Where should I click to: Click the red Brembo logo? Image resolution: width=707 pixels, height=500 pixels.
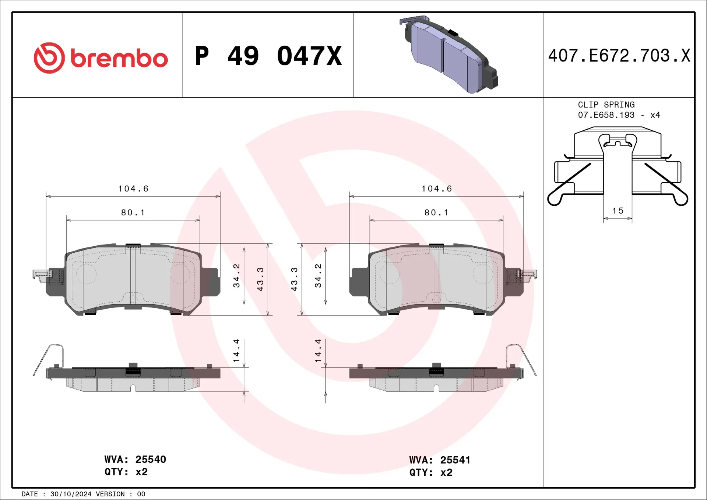(x=101, y=58)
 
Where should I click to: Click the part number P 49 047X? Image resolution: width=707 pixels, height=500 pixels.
(x=268, y=56)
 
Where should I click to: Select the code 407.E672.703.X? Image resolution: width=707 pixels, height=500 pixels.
(x=619, y=56)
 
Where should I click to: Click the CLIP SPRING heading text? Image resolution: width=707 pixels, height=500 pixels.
(x=606, y=105)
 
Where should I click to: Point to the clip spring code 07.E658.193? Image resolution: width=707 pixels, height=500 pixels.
(x=606, y=115)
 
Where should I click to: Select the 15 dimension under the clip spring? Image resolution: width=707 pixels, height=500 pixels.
(x=618, y=211)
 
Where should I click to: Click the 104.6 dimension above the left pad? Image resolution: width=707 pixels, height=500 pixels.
(x=133, y=189)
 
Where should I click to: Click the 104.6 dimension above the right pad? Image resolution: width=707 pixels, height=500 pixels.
(x=436, y=189)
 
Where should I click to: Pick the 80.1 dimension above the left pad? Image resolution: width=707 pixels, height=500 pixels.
(x=133, y=213)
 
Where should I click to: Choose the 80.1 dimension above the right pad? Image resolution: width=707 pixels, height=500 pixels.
(x=436, y=213)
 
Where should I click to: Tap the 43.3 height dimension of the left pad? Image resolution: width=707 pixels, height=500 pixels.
(x=260, y=279)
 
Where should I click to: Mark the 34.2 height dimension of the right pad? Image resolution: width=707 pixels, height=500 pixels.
(x=318, y=275)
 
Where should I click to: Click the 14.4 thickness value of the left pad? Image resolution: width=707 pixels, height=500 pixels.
(x=236, y=350)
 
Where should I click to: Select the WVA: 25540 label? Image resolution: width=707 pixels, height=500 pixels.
(x=135, y=459)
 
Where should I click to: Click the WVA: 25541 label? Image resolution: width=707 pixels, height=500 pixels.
(x=440, y=460)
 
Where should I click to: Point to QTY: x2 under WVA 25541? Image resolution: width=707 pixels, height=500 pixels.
(x=430, y=473)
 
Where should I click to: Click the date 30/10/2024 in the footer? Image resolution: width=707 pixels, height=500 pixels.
(x=71, y=494)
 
